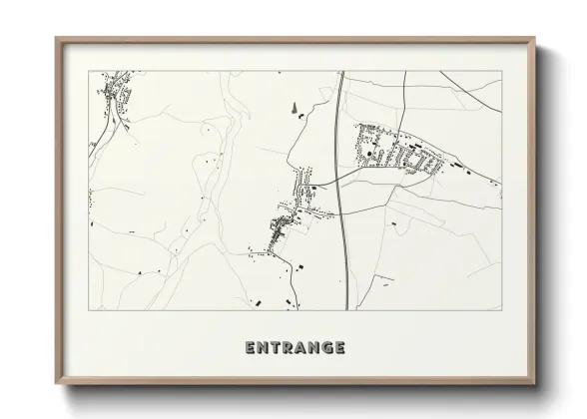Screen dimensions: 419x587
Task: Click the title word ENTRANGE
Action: click(x=294, y=348)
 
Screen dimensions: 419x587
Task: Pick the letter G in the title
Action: click(x=327, y=348)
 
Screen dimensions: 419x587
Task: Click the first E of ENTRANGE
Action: click(x=250, y=348)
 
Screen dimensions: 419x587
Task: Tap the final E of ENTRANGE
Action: click(x=340, y=348)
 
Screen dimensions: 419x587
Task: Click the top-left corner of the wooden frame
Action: click(x=57, y=39)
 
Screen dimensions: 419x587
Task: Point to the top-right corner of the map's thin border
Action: click(x=502, y=71)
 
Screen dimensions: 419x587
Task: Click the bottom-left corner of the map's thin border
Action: click(x=89, y=311)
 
